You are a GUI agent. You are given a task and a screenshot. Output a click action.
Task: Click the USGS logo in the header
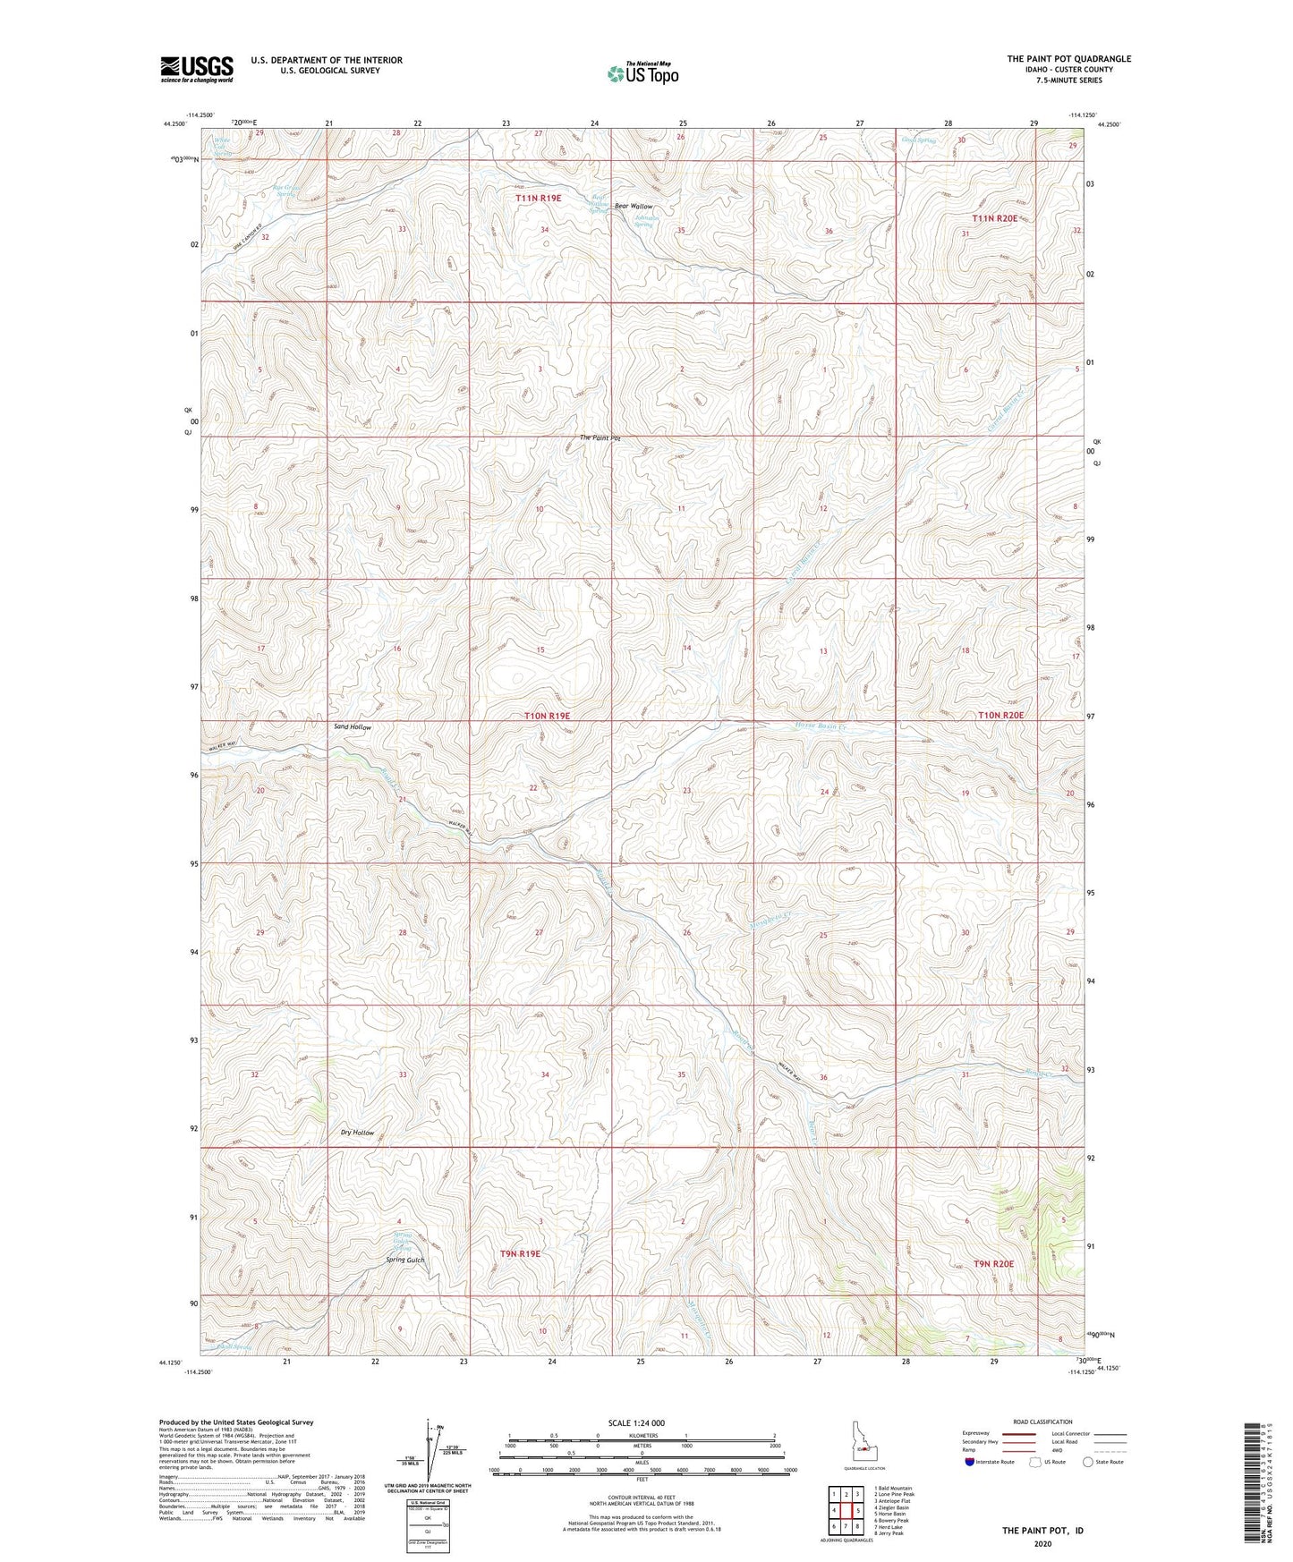coord(196,68)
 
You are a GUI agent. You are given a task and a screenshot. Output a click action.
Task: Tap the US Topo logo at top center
coord(642,72)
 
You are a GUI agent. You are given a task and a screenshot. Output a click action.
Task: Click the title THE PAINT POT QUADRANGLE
coord(1068,59)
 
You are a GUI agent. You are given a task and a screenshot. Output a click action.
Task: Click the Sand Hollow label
coord(352,727)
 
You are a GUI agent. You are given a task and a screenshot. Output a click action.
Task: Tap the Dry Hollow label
coord(357,1133)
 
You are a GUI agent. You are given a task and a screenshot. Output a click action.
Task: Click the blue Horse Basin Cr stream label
coord(820,727)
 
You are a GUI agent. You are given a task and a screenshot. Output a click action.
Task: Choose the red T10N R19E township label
coord(547,717)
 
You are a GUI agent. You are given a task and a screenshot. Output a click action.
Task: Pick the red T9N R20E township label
coord(993,1263)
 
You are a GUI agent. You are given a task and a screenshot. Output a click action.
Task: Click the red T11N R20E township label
coord(995,218)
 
